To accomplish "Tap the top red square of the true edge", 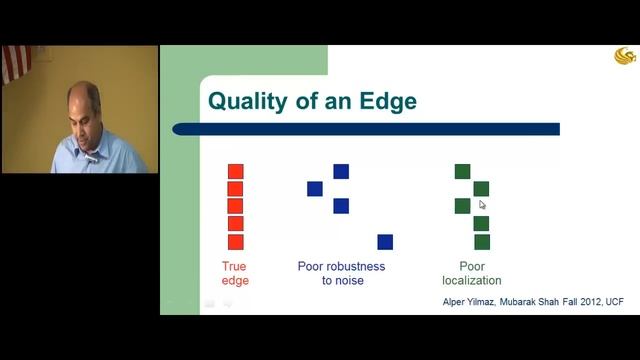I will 236,171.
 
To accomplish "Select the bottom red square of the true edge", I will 236,242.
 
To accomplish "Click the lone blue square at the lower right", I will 385,242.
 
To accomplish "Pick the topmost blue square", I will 341,171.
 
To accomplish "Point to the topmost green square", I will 463,171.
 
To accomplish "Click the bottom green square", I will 482,242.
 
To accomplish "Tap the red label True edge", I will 236,273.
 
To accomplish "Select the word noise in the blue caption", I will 349,281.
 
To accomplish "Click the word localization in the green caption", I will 472,281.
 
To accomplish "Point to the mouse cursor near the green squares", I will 482,205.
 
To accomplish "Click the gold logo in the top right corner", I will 625,56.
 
